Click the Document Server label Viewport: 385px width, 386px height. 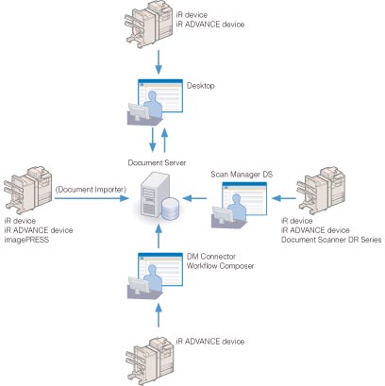point(157,162)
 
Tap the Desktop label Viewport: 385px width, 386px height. point(201,86)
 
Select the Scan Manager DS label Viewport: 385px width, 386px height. point(242,175)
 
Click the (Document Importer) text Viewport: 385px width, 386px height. point(91,190)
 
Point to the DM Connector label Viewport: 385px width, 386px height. point(211,257)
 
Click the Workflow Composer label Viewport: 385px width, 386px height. point(220,266)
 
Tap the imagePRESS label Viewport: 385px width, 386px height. point(26,240)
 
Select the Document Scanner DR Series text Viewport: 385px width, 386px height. point(331,240)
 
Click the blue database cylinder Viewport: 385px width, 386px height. point(171,209)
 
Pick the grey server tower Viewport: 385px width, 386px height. point(154,194)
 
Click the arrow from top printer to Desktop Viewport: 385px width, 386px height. point(159,61)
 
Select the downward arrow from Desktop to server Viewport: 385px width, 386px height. point(153,140)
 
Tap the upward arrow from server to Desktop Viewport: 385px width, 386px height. point(164,140)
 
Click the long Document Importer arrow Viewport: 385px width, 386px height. point(92,198)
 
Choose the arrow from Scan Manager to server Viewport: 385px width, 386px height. point(194,198)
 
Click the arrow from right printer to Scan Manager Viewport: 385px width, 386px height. point(284,198)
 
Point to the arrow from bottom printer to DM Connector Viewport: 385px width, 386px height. point(159,315)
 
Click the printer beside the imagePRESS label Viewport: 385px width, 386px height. point(28,190)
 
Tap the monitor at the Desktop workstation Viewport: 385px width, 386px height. point(139,111)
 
